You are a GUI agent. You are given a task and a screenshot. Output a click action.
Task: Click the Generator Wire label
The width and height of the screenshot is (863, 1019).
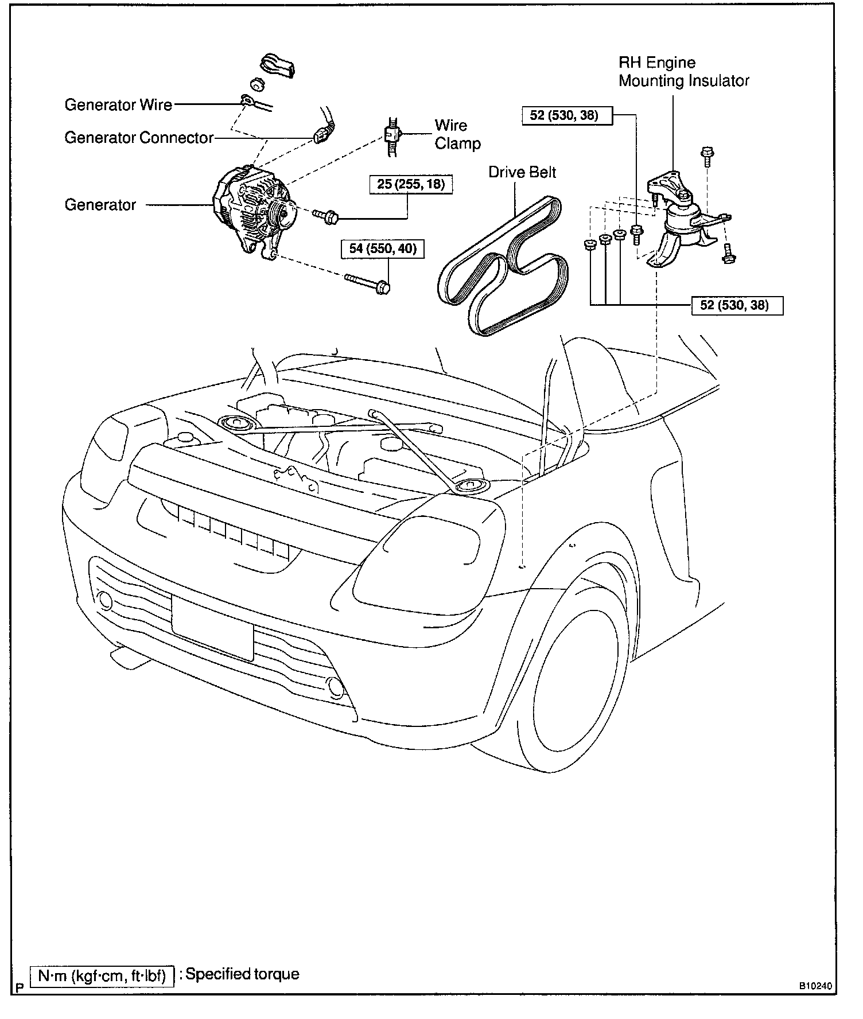(118, 104)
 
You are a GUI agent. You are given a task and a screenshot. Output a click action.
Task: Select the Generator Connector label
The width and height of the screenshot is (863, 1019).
(139, 138)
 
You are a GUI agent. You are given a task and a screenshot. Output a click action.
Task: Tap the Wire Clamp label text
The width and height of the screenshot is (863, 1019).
(457, 134)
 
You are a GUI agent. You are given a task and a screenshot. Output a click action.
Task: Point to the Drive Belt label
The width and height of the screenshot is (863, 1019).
(522, 172)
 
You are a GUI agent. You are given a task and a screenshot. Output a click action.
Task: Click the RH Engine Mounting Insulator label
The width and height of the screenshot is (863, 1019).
(683, 72)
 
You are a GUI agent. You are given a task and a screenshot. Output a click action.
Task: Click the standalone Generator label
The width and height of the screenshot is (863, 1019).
(100, 205)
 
